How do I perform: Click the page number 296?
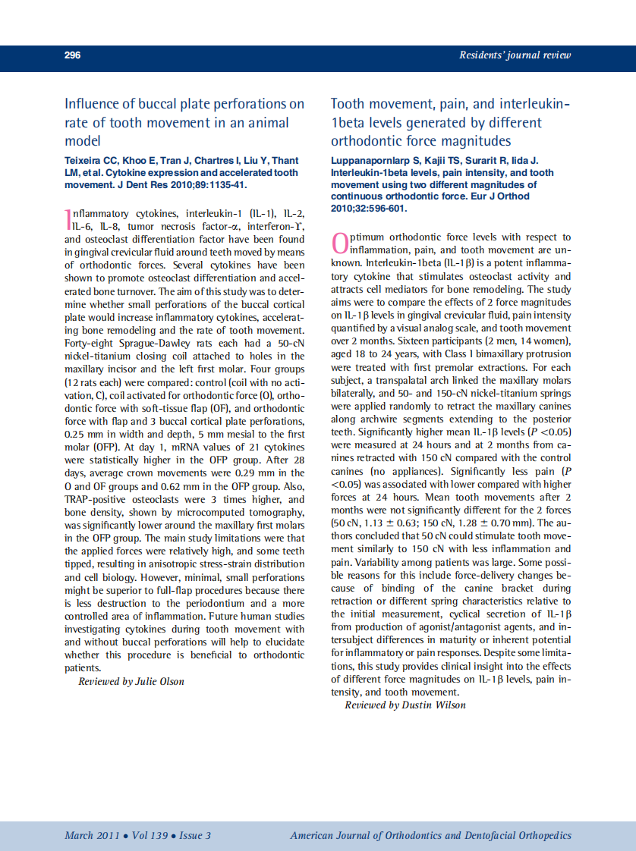coord(73,55)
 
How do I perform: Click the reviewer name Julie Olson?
coord(157,681)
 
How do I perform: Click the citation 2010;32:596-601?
coord(369,208)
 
